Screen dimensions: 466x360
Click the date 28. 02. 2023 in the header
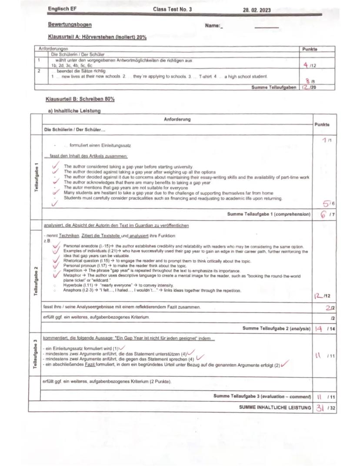[257, 10]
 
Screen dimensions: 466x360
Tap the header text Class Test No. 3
[172, 9]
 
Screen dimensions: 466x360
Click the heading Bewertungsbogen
[70, 25]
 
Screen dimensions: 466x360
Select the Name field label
[213, 26]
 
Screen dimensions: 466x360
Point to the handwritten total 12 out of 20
[307, 87]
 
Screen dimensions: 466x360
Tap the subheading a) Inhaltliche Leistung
[74, 111]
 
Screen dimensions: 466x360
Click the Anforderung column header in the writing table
[177, 119]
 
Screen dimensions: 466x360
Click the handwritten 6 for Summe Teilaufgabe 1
[323, 214]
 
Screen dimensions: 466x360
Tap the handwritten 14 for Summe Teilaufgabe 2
[319, 329]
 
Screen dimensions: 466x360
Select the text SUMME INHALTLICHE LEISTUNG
[275, 407]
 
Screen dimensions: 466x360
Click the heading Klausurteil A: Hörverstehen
[98, 37]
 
